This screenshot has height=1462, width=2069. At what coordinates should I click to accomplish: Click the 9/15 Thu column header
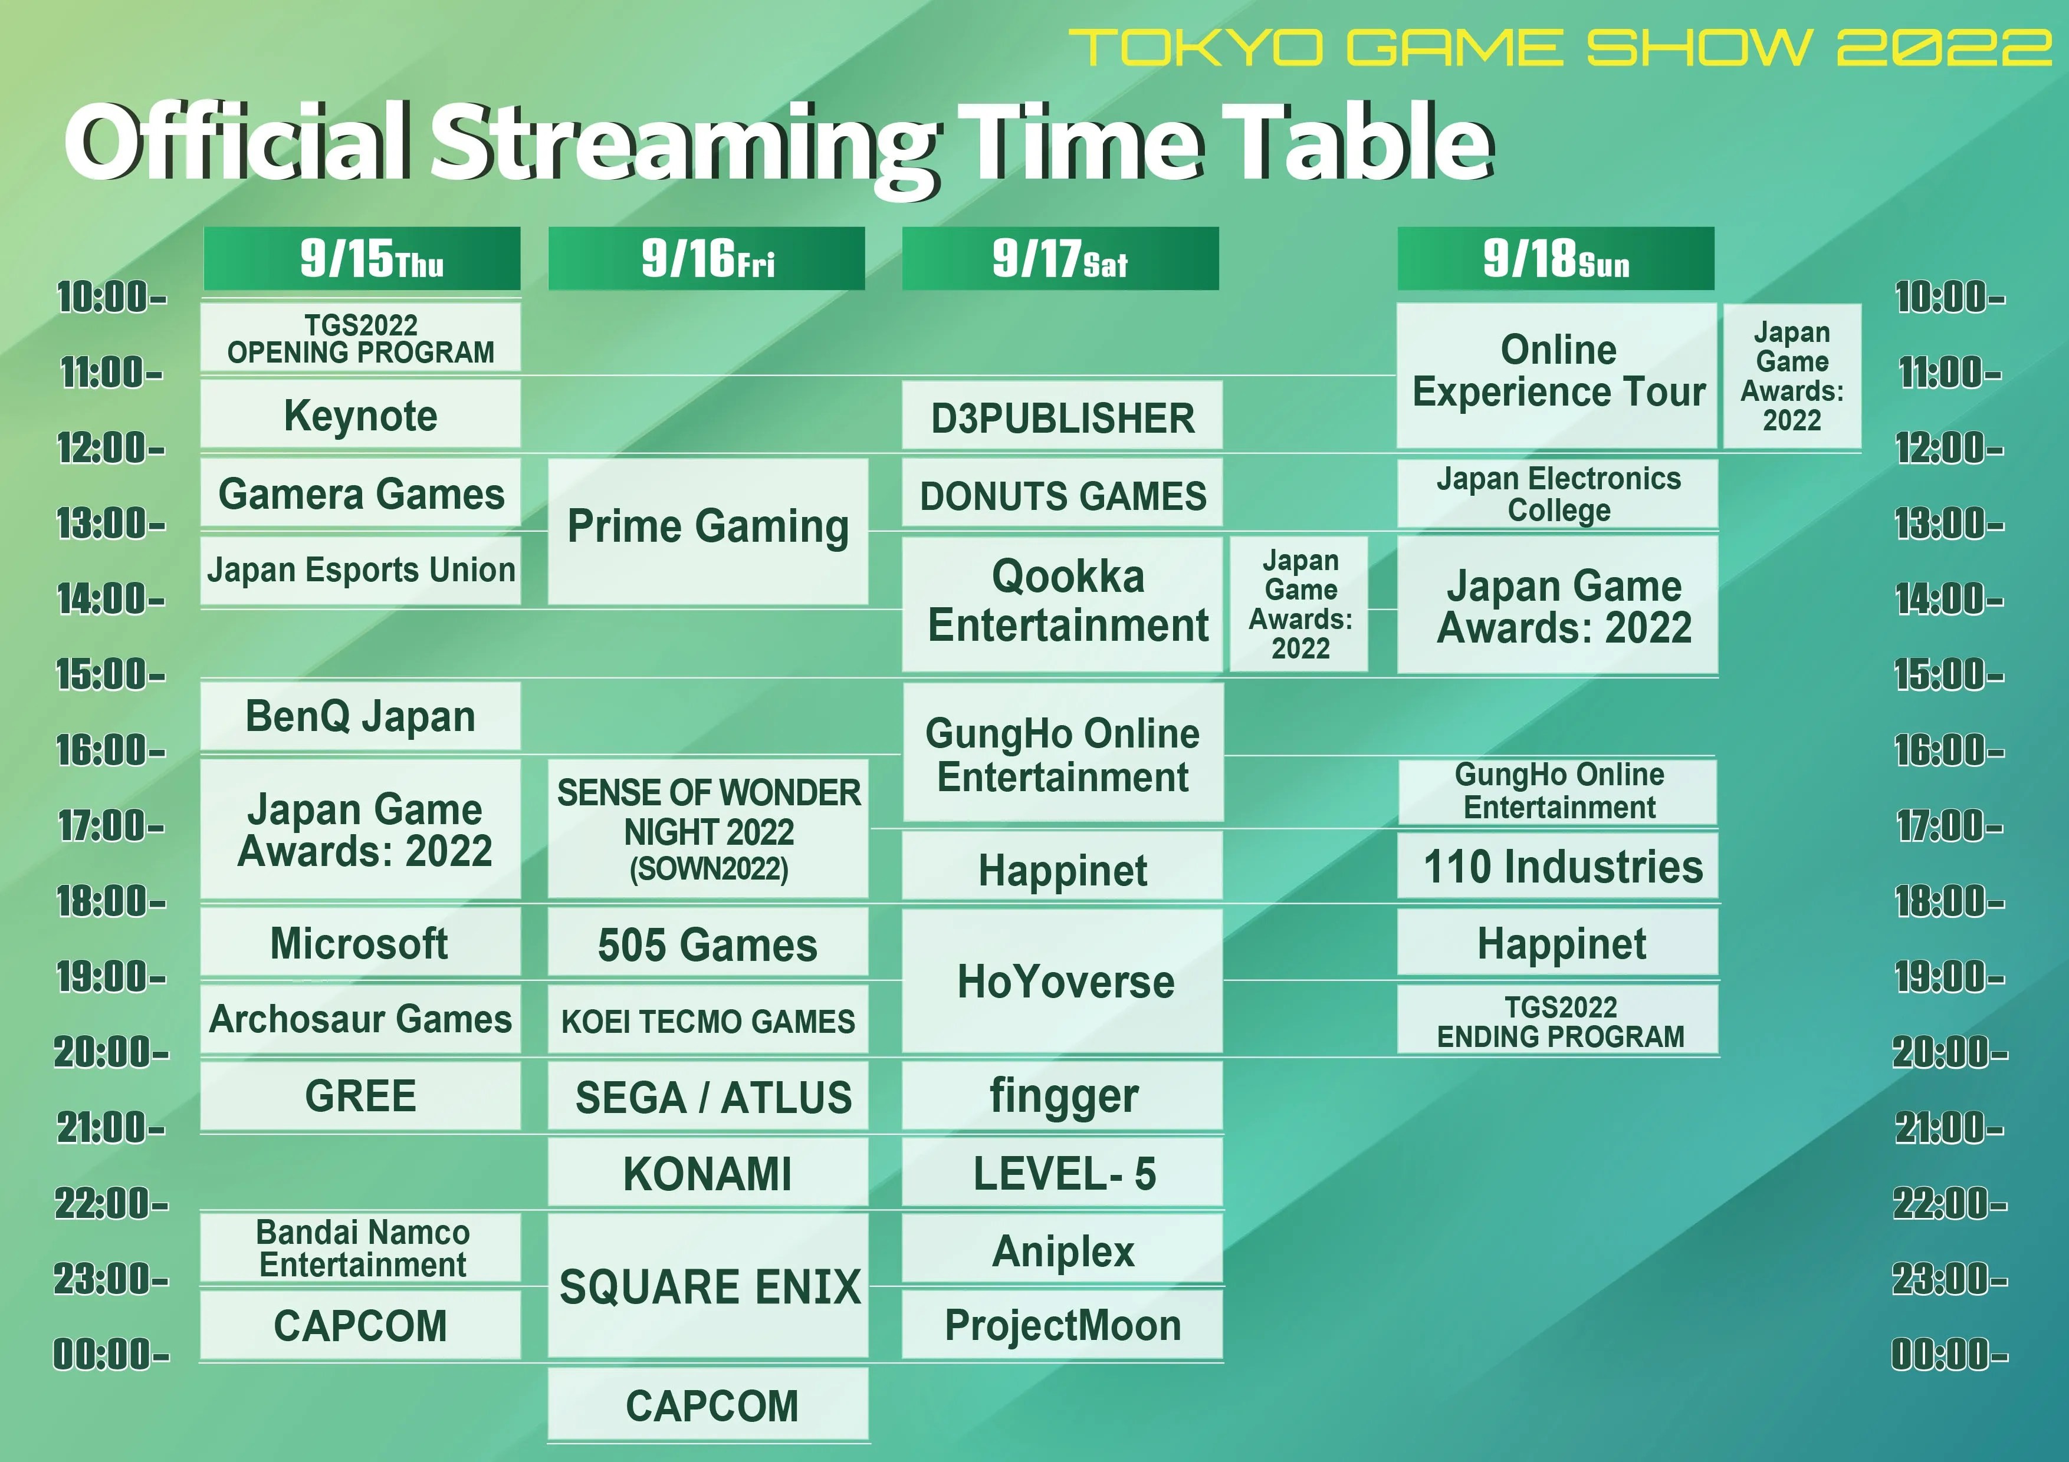click(362, 259)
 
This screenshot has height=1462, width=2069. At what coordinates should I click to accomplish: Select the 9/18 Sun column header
click(1555, 259)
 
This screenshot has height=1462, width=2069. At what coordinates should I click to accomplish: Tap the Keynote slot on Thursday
click(360, 415)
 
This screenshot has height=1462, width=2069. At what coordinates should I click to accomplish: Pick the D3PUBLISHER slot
click(1062, 417)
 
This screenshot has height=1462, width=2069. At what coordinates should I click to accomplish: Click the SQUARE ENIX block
click(708, 1286)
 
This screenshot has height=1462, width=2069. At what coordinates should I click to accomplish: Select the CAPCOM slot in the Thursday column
click(360, 1325)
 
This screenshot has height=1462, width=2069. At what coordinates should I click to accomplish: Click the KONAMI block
click(708, 1173)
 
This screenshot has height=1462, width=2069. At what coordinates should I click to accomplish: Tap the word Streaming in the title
click(685, 144)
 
